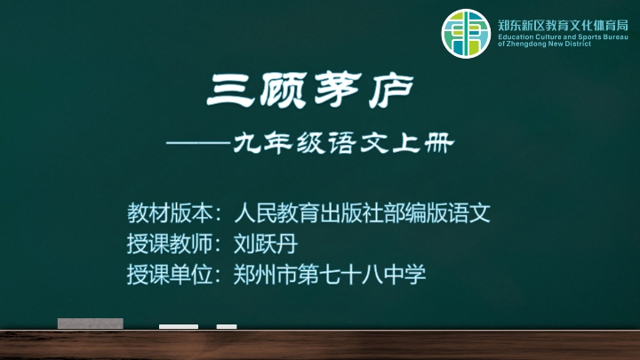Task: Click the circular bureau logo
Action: pyautogui.click(x=466, y=34)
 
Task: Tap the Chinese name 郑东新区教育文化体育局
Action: pyautogui.click(x=563, y=26)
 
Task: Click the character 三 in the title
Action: pyautogui.click(x=230, y=90)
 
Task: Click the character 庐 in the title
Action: pyautogui.click(x=391, y=91)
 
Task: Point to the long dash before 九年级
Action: pyautogui.click(x=199, y=143)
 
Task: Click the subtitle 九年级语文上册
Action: pyautogui.click(x=344, y=143)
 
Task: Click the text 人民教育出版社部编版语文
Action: pyautogui.click(x=362, y=212)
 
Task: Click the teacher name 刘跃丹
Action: pyautogui.click(x=266, y=244)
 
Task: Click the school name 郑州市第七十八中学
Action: pyautogui.click(x=330, y=275)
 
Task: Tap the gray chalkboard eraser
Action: pyautogui.click(x=90, y=324)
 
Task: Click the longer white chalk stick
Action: pyautogui.click(x=179, y=326)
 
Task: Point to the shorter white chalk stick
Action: pyautogui.click(x=227, y=326)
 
